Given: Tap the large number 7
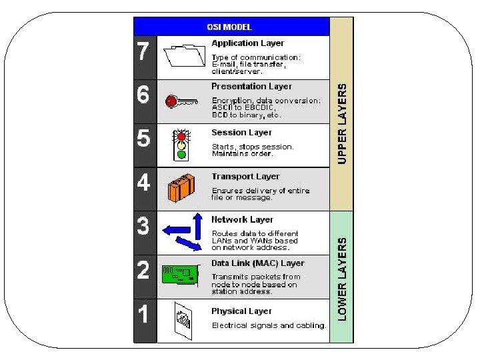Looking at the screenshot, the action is pos(143,52).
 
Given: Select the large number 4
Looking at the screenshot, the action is pos(143,183).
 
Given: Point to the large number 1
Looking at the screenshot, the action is pos(143,313).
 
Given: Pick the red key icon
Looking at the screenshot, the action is pos(181,101).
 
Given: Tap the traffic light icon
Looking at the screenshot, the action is pos(180,144).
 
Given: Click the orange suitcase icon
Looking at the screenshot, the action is pos(181,188).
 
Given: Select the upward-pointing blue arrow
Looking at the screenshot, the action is pos(197,224).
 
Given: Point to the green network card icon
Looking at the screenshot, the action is pos(181,274).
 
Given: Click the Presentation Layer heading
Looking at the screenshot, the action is pos(251,87).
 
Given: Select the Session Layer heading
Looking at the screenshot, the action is pos(241,133).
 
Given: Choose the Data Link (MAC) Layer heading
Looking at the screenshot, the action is pos(257,263).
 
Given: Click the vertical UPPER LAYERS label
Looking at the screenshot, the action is pos(342,123).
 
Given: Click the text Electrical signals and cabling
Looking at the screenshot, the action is pos(269,325).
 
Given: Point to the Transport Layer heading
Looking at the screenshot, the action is pos(245,177).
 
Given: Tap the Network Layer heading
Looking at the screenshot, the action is pos(242,219).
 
